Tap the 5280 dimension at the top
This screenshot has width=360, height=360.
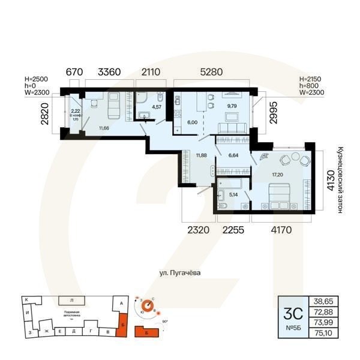[x=210, y=72]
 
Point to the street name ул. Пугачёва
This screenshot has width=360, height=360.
[x=180, y=273]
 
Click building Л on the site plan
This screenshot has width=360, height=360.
[x=71, y=299]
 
